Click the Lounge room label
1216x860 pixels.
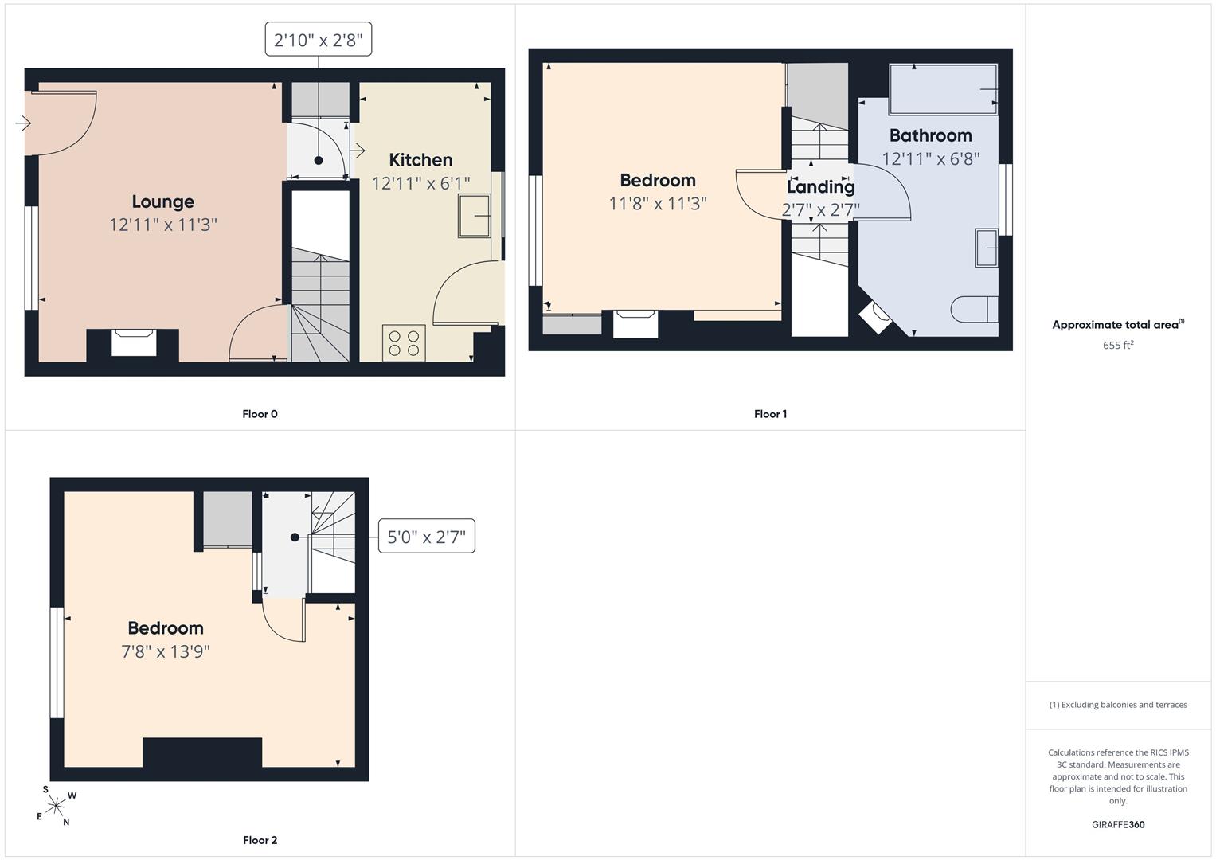coord(163,201)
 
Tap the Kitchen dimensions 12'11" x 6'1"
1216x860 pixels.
coord(420,183)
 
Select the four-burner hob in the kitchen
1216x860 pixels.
coord(404,343)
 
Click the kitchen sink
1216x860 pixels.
coord(474,216)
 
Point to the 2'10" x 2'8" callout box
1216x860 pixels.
coord(318,39)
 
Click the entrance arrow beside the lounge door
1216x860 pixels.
coord(23,123)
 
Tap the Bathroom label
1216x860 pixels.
coord(930,135)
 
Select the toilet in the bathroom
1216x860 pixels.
coord(975,310)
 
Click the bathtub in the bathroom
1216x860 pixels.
coord(943,89)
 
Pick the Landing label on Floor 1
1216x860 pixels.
coord(821,187)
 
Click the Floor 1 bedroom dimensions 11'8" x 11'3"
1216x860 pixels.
coord(658,204)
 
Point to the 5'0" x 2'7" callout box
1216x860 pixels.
coord(426,537)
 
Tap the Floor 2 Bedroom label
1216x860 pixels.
coord(166,628)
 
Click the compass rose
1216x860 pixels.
coord(56,806)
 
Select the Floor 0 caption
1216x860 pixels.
coord(260,414)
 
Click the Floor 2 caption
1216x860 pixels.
coord(260,840)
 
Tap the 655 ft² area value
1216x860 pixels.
coord(1118,345)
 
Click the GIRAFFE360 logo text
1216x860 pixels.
coord(1118,824)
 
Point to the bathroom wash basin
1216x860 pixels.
coord(987,248)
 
